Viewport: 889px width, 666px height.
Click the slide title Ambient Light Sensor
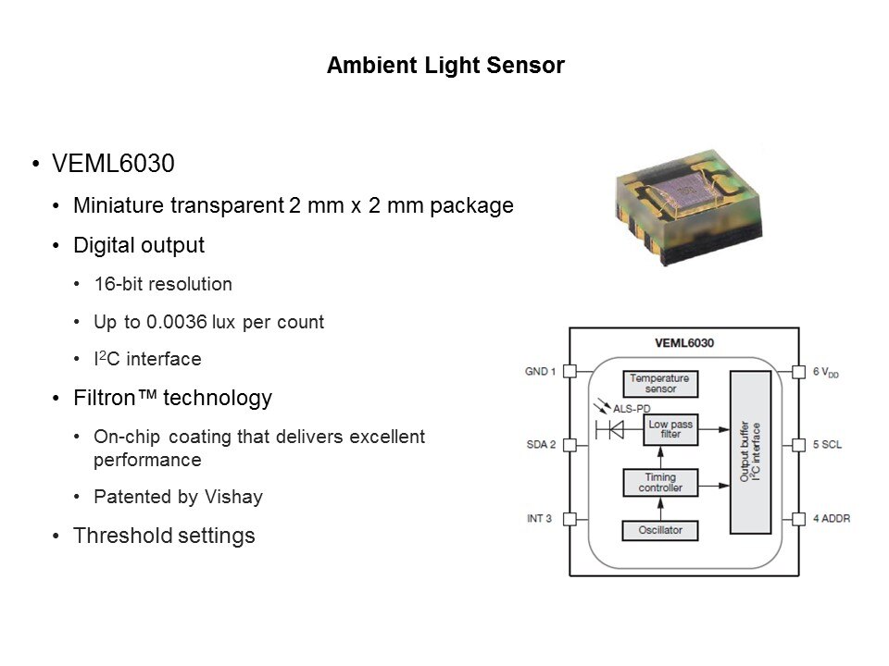tap(445, 67)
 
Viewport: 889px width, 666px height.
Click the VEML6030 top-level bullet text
tap(114, 164)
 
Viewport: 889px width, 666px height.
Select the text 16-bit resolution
tap(163, 284)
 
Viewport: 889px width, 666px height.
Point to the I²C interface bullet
tap(147, 359)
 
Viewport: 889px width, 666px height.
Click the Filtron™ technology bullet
tap(172, 398)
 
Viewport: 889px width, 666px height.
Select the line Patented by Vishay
tap(178, 497)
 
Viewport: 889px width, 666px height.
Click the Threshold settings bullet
tap(164, 536)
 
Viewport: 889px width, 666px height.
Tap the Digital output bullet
tap(139, 245)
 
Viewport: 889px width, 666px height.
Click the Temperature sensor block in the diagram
tap(661, 383)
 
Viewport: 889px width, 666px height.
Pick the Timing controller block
tap(661, 482)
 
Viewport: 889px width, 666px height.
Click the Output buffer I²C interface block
tap(750, 452)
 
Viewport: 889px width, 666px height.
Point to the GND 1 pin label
tap(541, 372)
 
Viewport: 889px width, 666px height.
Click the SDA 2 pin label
tap(541, 445)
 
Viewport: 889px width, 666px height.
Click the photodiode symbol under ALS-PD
tap(610, 428)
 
